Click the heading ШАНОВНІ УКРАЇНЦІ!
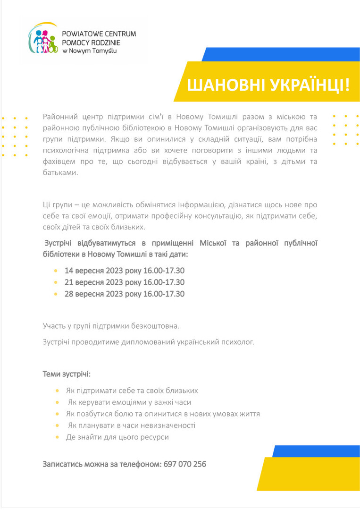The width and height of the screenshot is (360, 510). tap(269, 85)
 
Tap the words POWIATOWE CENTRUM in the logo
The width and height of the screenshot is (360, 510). tap(99, 34)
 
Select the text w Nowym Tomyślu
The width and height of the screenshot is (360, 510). tap(88, 50)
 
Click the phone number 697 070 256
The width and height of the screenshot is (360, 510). tap(185, 464)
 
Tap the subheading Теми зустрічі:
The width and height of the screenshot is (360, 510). tap(67, 374)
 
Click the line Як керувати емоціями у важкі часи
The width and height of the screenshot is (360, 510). tap(129, 402)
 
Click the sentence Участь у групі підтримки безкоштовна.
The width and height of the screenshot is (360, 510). tap(111, 326)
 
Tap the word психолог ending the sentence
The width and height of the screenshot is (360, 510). tap(238, 342)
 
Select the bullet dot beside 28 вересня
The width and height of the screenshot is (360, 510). tap(57, 294)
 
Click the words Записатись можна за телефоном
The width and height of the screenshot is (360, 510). tap(102, 464)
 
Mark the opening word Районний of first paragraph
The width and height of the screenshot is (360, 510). tap(58, 117)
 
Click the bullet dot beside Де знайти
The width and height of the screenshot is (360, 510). tap(57, 437)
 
